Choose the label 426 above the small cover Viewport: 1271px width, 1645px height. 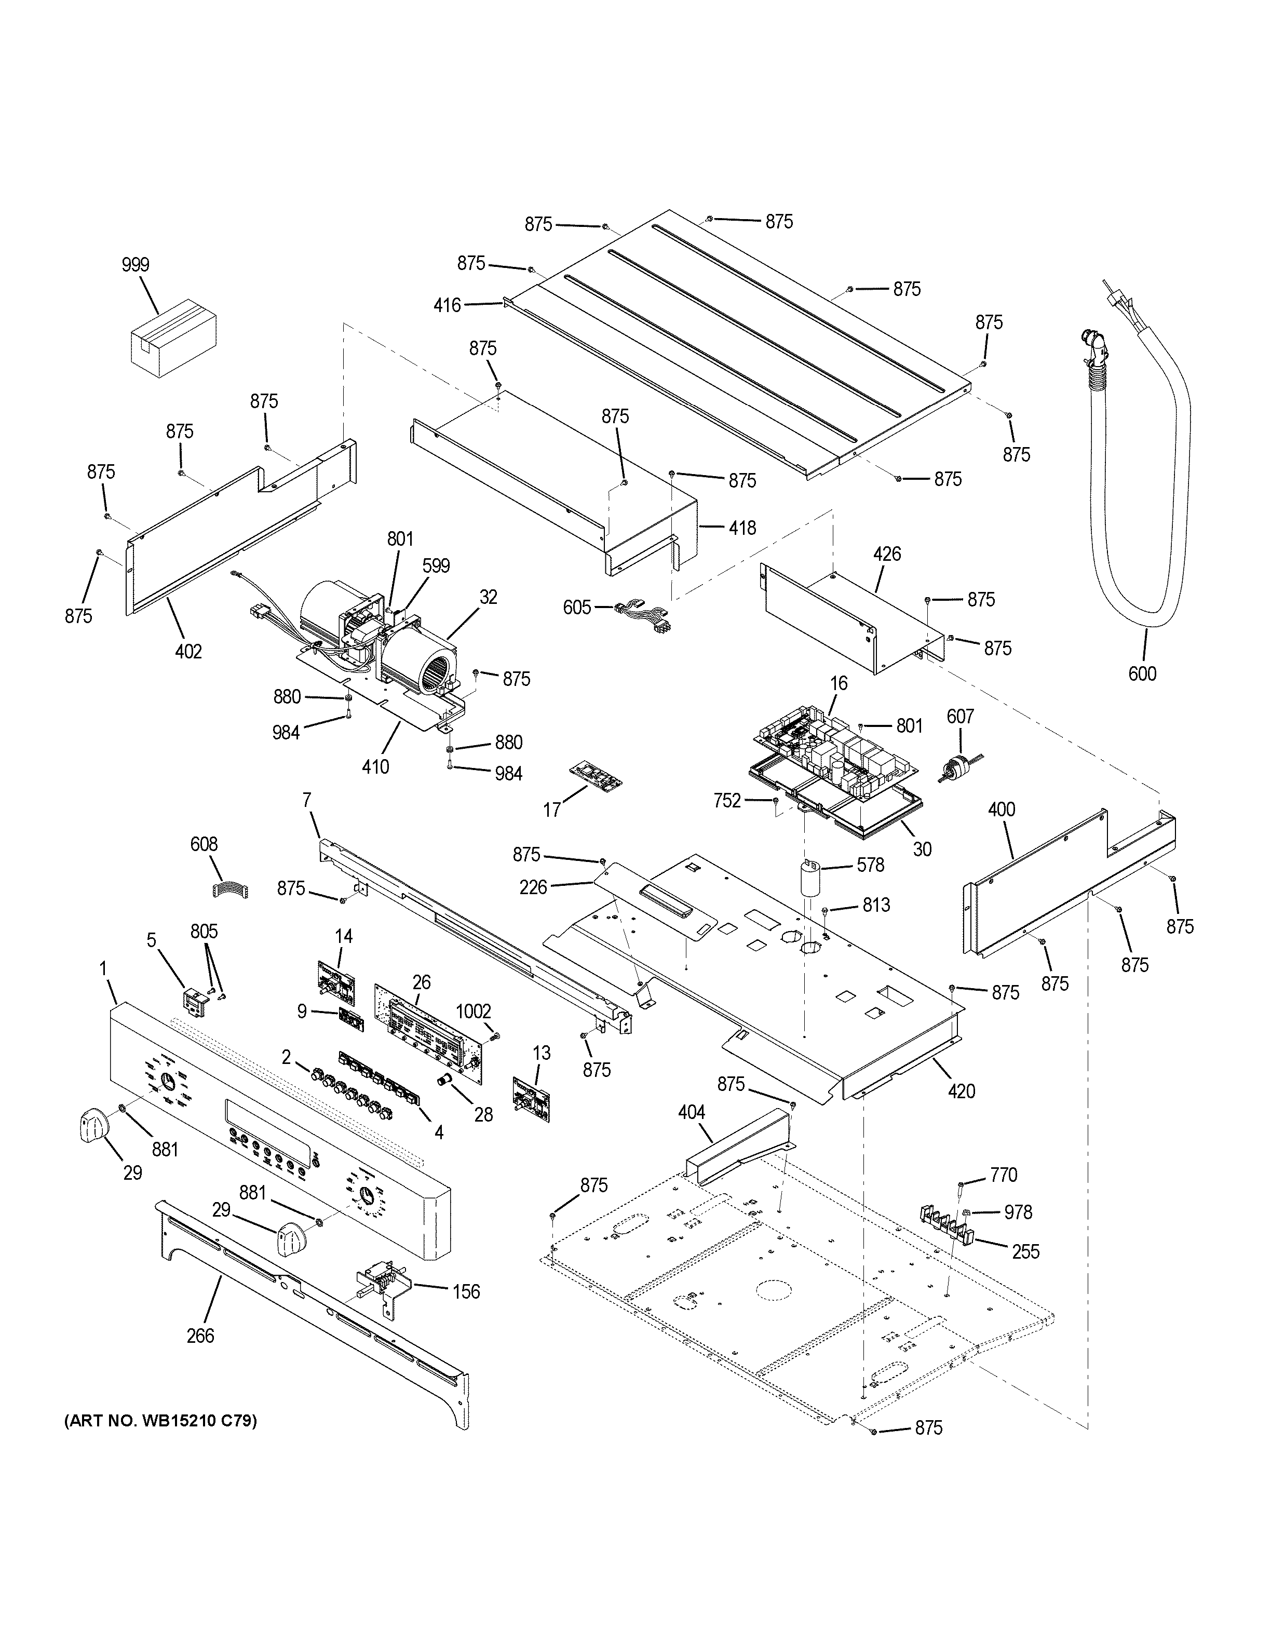click(886, 555)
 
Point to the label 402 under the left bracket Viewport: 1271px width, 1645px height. click(188, 652)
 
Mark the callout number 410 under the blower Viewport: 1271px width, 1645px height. click(375, 767)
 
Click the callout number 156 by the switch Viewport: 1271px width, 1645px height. click(465, 1292)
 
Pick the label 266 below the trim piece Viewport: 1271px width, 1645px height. click(200, 1336)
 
